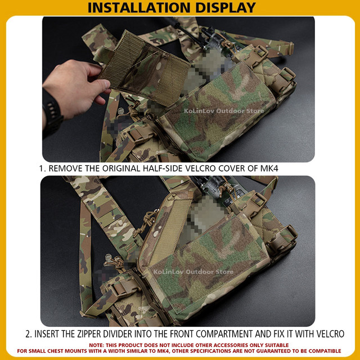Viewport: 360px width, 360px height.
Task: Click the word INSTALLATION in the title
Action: point(139,7)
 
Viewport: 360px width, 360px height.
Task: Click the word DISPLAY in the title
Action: point(226,7)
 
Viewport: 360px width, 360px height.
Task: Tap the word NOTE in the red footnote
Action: point(97,345)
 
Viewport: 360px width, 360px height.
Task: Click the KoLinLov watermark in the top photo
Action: point(224,111)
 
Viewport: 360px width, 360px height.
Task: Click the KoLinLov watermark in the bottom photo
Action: point(193,272)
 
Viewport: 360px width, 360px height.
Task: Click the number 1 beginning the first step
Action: point(41,169)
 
